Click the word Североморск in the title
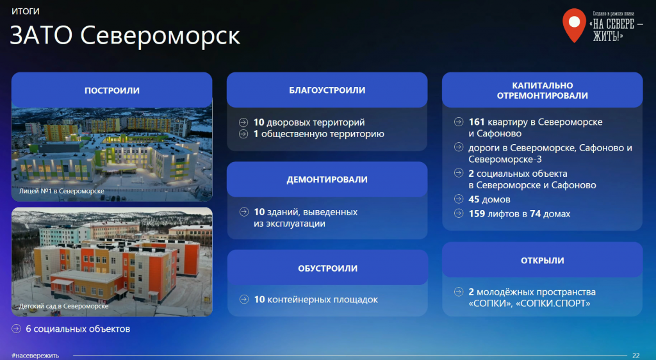[x=160, y=35]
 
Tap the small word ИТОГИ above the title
[x=26, y=12]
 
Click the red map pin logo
[x=574, y=26]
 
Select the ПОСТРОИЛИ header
[x=112, y=90]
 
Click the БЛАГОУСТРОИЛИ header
[x=327, y=90]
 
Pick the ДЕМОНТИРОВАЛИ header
[x=327, y=179]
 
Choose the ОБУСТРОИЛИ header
[x=327, y=268]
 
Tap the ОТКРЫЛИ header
[x=542, y=261]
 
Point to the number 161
[x=477, y=122]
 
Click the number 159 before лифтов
[x=477, y=214]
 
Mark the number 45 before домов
[x=474, y=199]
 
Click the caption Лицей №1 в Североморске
[x=61, y=191]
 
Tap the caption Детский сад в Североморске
[x=63, y=306]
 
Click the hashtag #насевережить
[x=36, y=356]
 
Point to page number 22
[x=636, y=356]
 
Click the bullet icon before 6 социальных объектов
[x=16, y=329]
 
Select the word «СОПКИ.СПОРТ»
[x=553, y=304]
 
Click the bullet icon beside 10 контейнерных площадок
[x=244, y=299]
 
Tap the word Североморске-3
[x=505, y=160]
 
